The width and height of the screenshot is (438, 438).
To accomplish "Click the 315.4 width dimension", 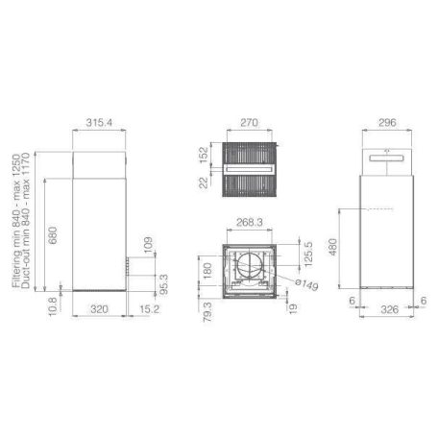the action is pyautogui.click(x=99, y=123).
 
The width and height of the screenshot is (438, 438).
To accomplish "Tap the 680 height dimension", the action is pyautogui.click(x=52, y=235).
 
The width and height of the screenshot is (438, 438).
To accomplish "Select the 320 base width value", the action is pyautogui.click(x=99, y=309).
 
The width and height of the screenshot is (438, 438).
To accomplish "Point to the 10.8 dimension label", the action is pyautogui.click(x=53, y=306).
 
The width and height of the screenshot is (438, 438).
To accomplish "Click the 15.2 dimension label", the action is pyautogui.click(x=149, y=309).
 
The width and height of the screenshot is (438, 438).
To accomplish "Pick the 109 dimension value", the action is pyautogui.click(x=148, y=245).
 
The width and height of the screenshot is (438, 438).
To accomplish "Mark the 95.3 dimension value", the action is pyautogui.click(x=163, y=284).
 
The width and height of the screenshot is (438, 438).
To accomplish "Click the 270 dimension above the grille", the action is pyautogui.click(x=249, y=123).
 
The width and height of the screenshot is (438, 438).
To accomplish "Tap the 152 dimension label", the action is pyautogui.click(x=204, y=155).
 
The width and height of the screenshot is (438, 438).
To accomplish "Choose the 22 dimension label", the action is pyautogui.click(x=204, y=182).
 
